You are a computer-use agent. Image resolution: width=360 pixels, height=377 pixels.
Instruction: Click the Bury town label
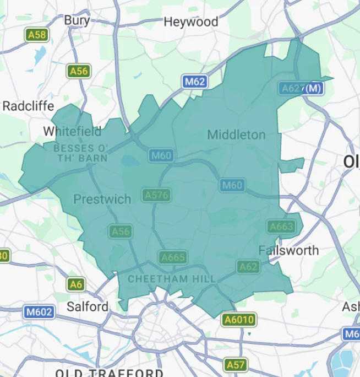tap(77, 20)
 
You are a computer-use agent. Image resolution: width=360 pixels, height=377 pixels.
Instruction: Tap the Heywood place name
tap(191, 22)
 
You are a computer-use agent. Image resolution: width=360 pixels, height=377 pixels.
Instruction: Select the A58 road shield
tap(37, 35)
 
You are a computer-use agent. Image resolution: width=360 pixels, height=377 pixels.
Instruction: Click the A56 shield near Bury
tap(79, 71)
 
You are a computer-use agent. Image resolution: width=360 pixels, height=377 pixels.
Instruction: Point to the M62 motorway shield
tap(194, 82)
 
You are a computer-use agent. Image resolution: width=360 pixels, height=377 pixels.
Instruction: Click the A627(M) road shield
tap(301, 88)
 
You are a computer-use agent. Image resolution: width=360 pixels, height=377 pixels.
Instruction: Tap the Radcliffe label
tap(28, 106)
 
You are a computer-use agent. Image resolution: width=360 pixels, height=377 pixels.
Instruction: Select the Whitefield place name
tap(72, 131)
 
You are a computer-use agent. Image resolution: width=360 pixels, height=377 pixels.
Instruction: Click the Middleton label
tap(236, 134)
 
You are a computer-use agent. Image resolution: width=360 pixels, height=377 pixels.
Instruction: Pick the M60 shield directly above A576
tap(161, 156)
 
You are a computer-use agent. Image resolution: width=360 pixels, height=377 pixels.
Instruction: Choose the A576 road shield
tap(156, 195)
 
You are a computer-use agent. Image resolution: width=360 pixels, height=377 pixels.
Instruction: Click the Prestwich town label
tap(102, 199)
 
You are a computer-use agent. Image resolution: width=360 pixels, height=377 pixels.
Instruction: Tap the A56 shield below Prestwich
tap(121, 231)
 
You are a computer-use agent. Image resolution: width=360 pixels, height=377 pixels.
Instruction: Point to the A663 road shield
tap(281, 227)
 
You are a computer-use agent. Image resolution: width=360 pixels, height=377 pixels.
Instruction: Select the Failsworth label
tap(288, 250)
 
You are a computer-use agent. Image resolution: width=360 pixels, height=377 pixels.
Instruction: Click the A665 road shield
tap(173, 257)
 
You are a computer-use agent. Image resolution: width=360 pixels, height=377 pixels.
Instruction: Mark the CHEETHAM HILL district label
tap(172, 279)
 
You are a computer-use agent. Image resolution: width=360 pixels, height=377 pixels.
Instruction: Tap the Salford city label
tap(88, 306)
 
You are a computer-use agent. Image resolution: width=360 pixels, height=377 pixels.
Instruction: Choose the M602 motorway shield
tap(40, 313)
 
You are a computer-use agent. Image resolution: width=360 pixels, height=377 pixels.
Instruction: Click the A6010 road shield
tap(238, 320)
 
